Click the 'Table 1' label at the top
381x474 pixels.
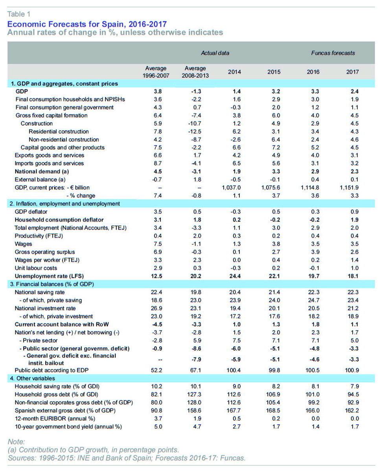click(x=19, y=14)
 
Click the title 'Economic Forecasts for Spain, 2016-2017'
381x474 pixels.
click(x=87, y=24)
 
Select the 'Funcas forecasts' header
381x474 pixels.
click(x=333, y=53)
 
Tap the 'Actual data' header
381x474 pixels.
click(x=215, y=53)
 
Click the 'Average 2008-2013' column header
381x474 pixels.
click(x=195, y=72)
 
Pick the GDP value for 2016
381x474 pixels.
click(x=315, y=92)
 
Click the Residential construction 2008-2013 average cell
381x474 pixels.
click(x=195, y=132)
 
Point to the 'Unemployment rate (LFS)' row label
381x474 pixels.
click(x=49, y=276)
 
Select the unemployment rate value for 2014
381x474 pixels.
click(x=235, y=276)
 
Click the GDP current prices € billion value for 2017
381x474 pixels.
click(x=349, y=188)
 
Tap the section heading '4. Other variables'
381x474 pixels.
click(x=32, y=378)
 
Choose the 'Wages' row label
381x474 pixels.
click(x=23, y=244)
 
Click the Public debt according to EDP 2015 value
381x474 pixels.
click(x=274, y=370)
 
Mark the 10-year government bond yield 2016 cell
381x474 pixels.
click(x=315, y=426)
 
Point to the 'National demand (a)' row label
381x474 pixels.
click(x=42, y=171)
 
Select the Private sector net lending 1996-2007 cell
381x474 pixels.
click(x=157, y=340)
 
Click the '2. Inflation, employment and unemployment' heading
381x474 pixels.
click(x=64, y=203)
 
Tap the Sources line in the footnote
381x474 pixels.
click(x=127, y=458)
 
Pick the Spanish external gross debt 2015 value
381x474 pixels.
click(x=273, y=410)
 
